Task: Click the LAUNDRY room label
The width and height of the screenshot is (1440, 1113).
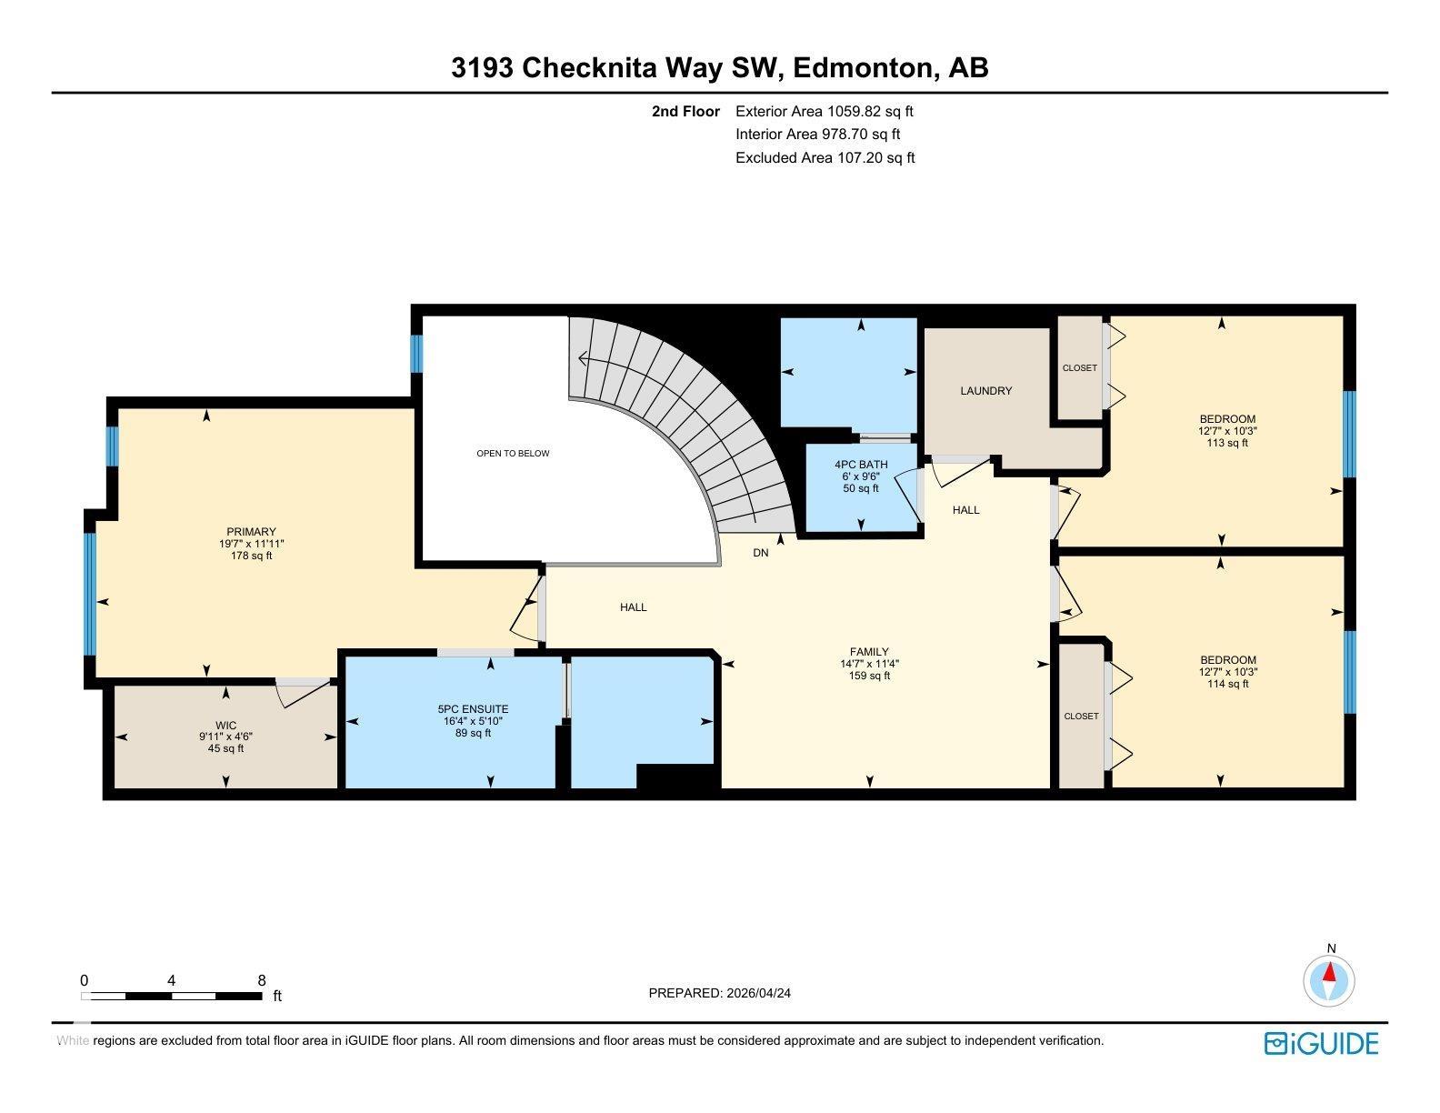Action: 985,391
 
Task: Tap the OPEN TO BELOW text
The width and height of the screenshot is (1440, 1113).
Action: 513,454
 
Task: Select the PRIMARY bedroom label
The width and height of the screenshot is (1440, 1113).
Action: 251,532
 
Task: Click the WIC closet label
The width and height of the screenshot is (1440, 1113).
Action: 225,726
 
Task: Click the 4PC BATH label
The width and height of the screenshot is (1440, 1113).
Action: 861,466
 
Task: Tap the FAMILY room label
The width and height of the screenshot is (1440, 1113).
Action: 869,652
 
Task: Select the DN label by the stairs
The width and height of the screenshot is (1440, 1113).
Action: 761,553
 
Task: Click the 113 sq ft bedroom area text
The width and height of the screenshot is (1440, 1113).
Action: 1226,444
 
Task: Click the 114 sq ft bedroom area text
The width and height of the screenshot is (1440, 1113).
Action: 1227,684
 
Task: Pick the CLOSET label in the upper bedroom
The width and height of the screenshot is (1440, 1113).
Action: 1079,368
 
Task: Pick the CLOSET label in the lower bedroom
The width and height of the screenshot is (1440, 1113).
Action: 1081,717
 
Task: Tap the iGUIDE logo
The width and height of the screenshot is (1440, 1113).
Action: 1321,1043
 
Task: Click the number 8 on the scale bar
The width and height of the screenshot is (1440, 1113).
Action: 262,980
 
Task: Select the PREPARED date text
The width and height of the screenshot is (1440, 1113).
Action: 719,993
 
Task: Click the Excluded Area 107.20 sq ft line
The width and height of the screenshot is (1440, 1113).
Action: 825,157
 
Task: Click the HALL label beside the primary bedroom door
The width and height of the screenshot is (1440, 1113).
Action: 633,607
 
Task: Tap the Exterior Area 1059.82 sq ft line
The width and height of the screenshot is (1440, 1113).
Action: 824,112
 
